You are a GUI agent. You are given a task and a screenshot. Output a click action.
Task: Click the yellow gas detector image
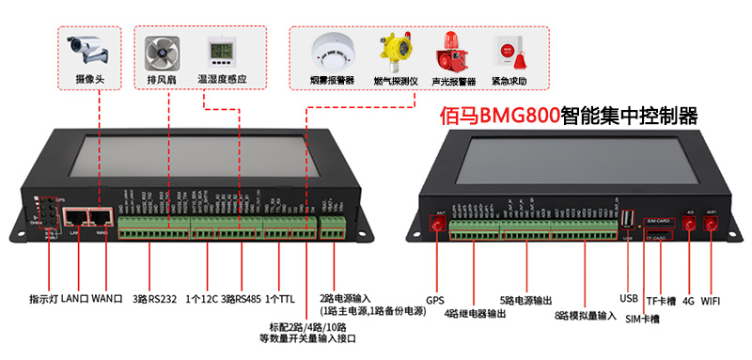coord(392,52)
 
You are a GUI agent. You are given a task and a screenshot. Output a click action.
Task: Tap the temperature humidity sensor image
coord(222,51)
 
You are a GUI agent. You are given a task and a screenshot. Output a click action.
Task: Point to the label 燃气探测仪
coord(393,82)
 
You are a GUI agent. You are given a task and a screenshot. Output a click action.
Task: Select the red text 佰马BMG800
coord(501,117)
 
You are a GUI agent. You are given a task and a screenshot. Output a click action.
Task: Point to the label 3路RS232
coord(154,299)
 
